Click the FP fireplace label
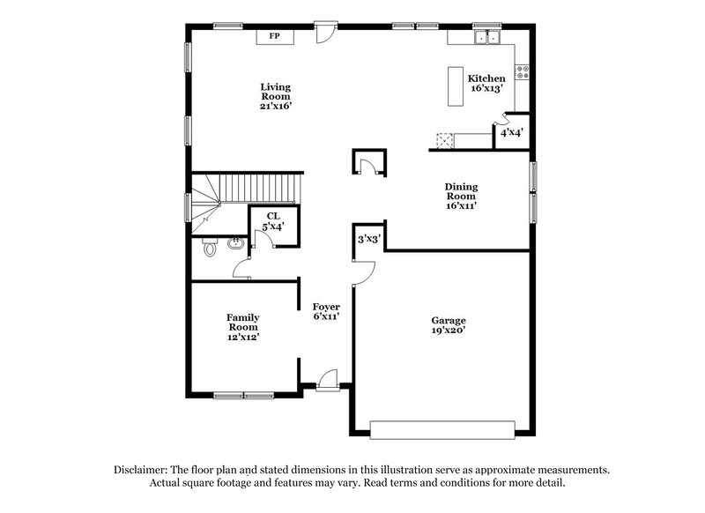point(274,36)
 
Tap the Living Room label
point(275,96)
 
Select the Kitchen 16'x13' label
point(486,84)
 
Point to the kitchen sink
point(486,38)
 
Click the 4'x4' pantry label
point(512,133)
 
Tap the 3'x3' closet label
point(367,239)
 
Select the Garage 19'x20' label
point(448,325)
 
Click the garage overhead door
point(441,429)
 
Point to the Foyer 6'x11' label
point(326,311)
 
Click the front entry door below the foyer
point(327,380)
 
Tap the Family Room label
point(242,326)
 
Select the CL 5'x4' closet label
point(273,221)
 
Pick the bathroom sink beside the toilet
point(235,243)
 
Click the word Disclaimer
point(144,471)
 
